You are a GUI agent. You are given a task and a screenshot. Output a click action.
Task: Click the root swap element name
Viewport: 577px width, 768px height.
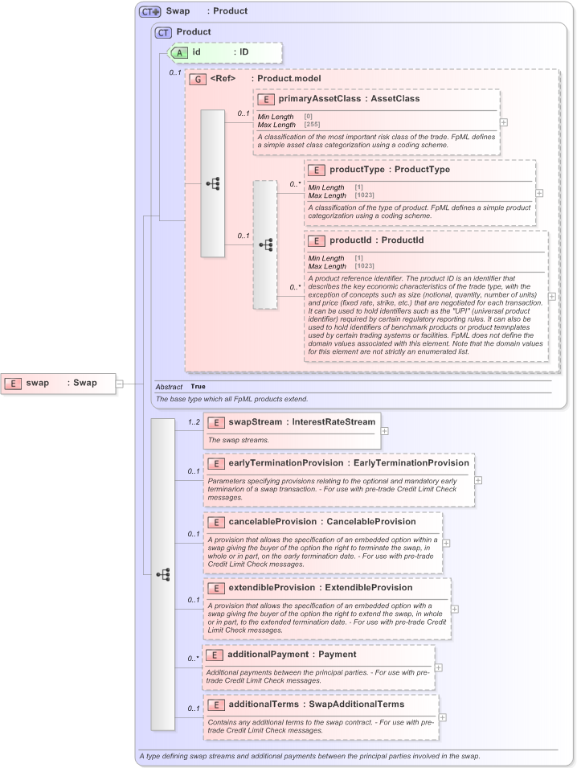coord(38,383)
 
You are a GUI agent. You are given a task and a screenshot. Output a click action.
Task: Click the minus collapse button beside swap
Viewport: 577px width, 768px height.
coord(119,384)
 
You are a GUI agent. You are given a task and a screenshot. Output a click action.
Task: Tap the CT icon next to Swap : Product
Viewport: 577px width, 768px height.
coord(150,11)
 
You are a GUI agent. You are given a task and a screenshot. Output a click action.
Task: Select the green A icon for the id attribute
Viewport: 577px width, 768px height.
coord(181,51)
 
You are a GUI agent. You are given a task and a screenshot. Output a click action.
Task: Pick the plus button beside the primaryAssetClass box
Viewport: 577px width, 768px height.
coord(504,122)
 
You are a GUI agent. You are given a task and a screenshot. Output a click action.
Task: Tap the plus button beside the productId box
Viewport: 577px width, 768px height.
coord(551,296)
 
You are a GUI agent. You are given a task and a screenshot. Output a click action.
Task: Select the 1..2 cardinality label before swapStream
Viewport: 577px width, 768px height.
coord(193,422)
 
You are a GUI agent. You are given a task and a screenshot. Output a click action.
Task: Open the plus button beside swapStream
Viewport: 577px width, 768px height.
coord(385,431)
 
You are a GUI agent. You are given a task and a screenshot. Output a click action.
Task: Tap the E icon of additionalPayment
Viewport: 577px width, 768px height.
coord(215,655)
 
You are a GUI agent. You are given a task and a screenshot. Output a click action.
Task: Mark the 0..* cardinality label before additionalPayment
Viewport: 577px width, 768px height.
coord(193,659)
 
